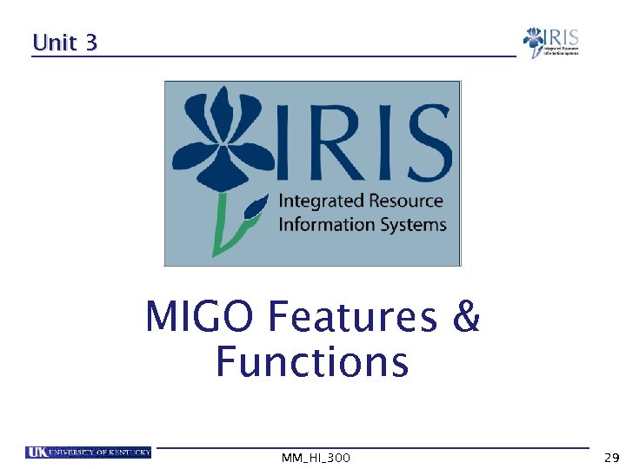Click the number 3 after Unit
coord(90,43)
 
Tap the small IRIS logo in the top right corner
coord(549,43)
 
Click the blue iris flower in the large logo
coord(225,139)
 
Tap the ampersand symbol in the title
coord(466,317)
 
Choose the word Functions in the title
coord(312,362)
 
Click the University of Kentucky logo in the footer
coord(88,452)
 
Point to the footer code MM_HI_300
coord(316,458)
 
